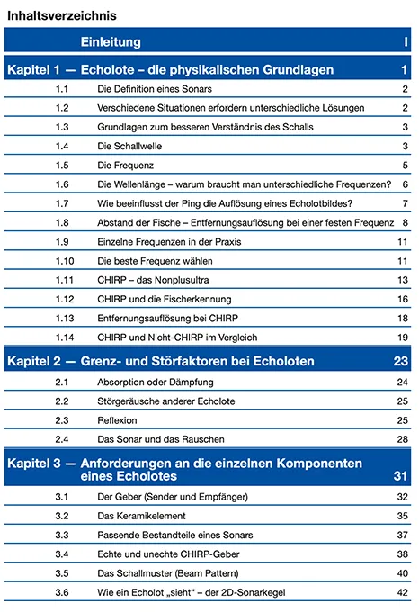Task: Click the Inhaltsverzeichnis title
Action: pos(62,15)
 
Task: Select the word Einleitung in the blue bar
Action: pos(111,41)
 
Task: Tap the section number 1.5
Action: pos(62,165)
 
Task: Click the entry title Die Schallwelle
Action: pos(129,146)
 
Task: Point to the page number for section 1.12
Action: pos(403,299)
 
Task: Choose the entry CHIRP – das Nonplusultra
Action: pos(153,280)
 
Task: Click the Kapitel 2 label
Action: pos(34,361)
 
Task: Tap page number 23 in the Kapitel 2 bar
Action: pos(401,361)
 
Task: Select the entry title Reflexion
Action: pos(117,420)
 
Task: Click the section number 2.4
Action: pos(62,439)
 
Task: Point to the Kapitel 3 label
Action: pos(34,463)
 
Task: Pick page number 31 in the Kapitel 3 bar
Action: pos(401,476)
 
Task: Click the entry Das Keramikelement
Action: pos(141,516)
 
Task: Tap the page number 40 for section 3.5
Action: pos(403,573)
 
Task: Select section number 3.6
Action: pos(62,592)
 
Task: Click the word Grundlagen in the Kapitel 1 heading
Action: pos(299,70)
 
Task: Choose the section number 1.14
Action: pos(65,337)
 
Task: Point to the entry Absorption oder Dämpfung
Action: pos(156,382)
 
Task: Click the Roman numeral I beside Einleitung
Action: pos(406,41)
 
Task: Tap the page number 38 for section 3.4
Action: pos(403,554)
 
